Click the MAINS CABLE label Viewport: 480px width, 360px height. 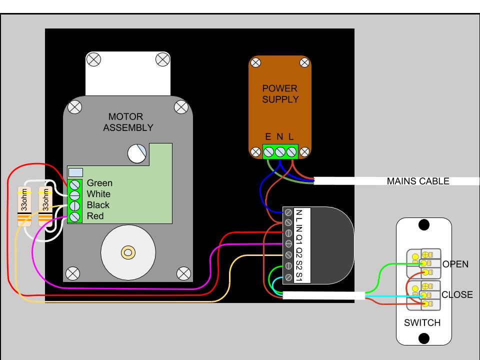click(418, 181)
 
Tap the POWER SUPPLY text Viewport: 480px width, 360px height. click(280, 94)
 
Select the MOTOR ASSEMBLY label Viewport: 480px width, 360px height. click(128, 122)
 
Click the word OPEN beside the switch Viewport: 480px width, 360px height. click(455, 264)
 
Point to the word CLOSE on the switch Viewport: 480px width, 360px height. click(457, 294)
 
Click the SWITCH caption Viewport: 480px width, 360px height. click(422, 322)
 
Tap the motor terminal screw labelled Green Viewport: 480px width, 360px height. click(75, 185)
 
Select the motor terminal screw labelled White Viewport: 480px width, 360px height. click(75, 195)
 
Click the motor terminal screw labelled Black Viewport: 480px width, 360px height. click(75, 206)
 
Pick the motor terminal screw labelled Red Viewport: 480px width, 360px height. click(75, 217)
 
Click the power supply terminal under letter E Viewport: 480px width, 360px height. click(268, 152)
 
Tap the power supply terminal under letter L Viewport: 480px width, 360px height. click(291, 152)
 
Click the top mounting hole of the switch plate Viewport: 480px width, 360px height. click(423, 225)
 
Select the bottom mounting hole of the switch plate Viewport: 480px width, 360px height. click(423, 338)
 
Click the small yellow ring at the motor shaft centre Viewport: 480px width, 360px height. click(128, 252)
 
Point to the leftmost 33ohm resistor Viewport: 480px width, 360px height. click(24, 206)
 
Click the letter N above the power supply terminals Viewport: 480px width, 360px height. click(279, 136)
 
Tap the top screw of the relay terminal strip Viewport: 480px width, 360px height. click(288, 212)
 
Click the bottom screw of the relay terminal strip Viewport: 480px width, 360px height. click(288, 277)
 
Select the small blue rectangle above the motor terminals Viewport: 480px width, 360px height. click(75, 172)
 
